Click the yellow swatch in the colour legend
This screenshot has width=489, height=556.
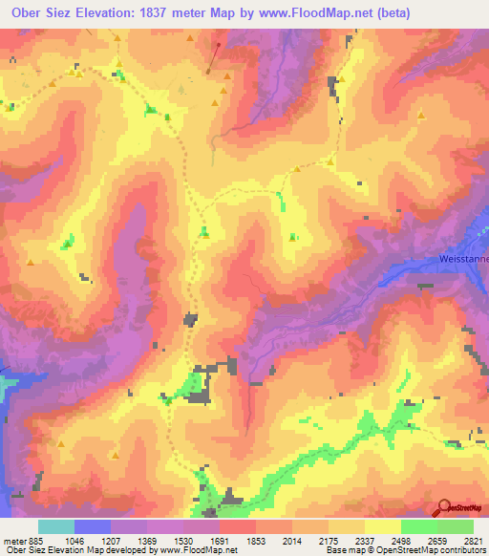coord(382,526)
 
